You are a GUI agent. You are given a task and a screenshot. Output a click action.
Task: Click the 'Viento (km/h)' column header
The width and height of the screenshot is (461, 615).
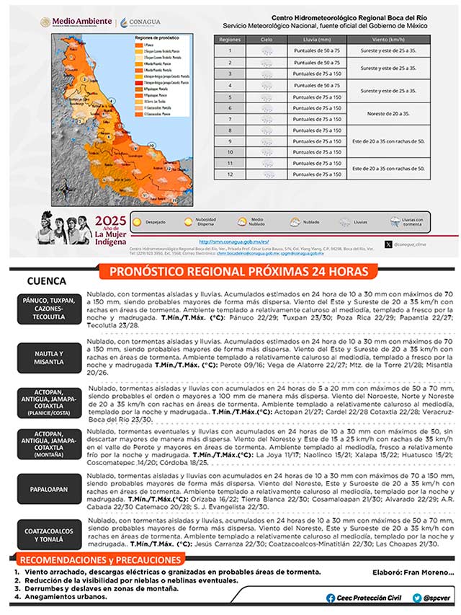click(x=388, y=40)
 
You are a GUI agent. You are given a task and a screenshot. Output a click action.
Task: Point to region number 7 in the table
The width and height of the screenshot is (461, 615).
click(x=230, y=119)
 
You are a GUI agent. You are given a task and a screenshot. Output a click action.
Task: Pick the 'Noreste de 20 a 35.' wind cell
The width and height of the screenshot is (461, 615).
click(x=388, y=113)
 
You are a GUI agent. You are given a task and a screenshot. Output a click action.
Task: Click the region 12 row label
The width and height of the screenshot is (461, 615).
click(x=230, y=174)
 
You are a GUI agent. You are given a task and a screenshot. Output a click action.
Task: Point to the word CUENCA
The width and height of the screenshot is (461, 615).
click(x=46, y=281)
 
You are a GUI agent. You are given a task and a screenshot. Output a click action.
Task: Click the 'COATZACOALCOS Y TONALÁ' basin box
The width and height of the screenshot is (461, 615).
click(x=49, y=534)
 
